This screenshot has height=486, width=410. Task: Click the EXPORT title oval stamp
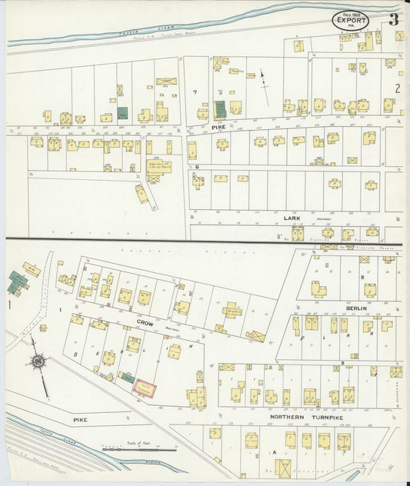click(350, 20)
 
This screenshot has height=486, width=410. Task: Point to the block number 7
click(195, 92)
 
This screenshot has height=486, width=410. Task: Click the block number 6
click(197, 166)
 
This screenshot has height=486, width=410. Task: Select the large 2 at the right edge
click(398, 88)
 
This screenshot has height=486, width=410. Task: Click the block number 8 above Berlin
click(362, 276)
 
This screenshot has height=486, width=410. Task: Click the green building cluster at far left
click(16, 281)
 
